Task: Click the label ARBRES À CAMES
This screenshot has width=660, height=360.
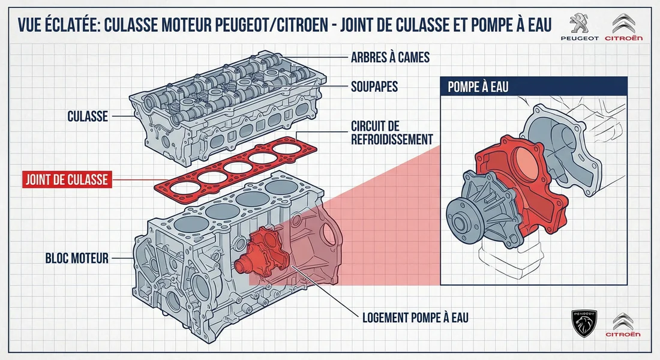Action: (390, 58)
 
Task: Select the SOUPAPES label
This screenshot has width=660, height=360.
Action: (374, 87)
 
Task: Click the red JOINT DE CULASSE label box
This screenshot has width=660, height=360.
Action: (67, 179)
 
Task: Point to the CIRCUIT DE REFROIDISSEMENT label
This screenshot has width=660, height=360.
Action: (391, 133)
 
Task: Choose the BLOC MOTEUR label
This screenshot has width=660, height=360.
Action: (77, 259)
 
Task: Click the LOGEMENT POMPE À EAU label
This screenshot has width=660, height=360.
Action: (416, 317)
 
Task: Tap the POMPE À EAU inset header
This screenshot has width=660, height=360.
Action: (478, 87)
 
